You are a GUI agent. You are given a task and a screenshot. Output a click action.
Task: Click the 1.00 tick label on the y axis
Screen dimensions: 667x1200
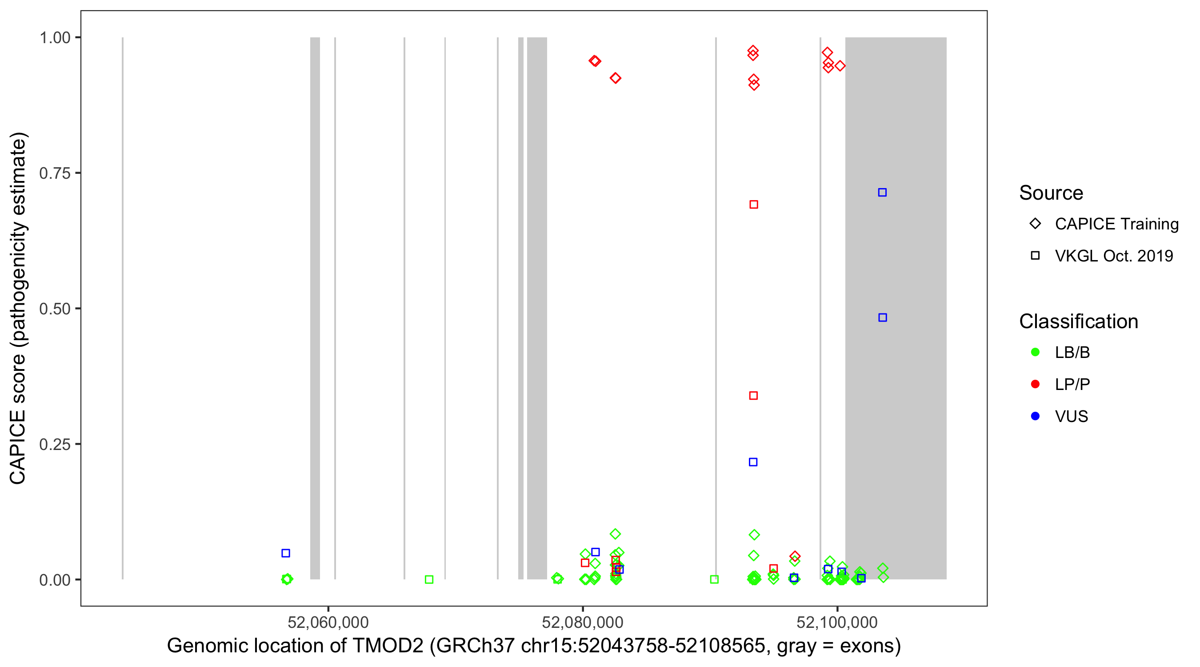coord(55,38)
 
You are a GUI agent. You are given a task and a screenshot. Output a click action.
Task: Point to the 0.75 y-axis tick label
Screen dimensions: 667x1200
coord(55,173)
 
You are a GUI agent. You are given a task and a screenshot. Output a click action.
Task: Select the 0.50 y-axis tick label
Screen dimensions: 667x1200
coord(55,309)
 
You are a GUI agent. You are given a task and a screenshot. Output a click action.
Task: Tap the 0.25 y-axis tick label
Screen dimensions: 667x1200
coord(55,445)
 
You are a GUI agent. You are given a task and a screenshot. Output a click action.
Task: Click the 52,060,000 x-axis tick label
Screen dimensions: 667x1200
coord(328,622)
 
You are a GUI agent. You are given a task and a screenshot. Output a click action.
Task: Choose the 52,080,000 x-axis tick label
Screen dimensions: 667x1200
coord(582,622)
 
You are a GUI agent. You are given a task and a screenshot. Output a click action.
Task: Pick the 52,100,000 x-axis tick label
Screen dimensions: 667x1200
coord(837,622)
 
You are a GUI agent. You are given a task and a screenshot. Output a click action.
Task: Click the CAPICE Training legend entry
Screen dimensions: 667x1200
coord(1116,224)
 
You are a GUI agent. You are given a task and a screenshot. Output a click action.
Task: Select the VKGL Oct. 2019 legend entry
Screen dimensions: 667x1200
coord(1113,256)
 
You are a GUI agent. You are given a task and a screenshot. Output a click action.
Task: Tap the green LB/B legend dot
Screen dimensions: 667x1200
coord(1035,352)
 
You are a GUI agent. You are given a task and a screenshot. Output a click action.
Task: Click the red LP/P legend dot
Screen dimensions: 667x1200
coord(1035,384)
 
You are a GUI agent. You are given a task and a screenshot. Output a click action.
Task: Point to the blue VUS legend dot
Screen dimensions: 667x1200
coord(1035,416)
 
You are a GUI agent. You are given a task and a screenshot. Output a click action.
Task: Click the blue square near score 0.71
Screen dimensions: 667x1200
coord(882,193)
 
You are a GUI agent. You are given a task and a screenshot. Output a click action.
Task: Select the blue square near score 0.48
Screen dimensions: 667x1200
coord(882,317)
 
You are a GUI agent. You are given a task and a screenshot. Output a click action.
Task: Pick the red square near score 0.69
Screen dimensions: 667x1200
coord(754,205)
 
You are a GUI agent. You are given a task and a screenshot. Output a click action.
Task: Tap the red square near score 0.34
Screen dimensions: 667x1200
coord(753,396)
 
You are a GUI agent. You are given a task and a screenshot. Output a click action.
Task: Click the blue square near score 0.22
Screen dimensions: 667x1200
coord(753,462)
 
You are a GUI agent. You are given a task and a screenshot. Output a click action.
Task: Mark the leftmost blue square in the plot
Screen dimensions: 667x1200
coord(286,553)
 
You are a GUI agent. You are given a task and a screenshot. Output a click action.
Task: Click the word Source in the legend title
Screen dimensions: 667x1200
coord(1051,193)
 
